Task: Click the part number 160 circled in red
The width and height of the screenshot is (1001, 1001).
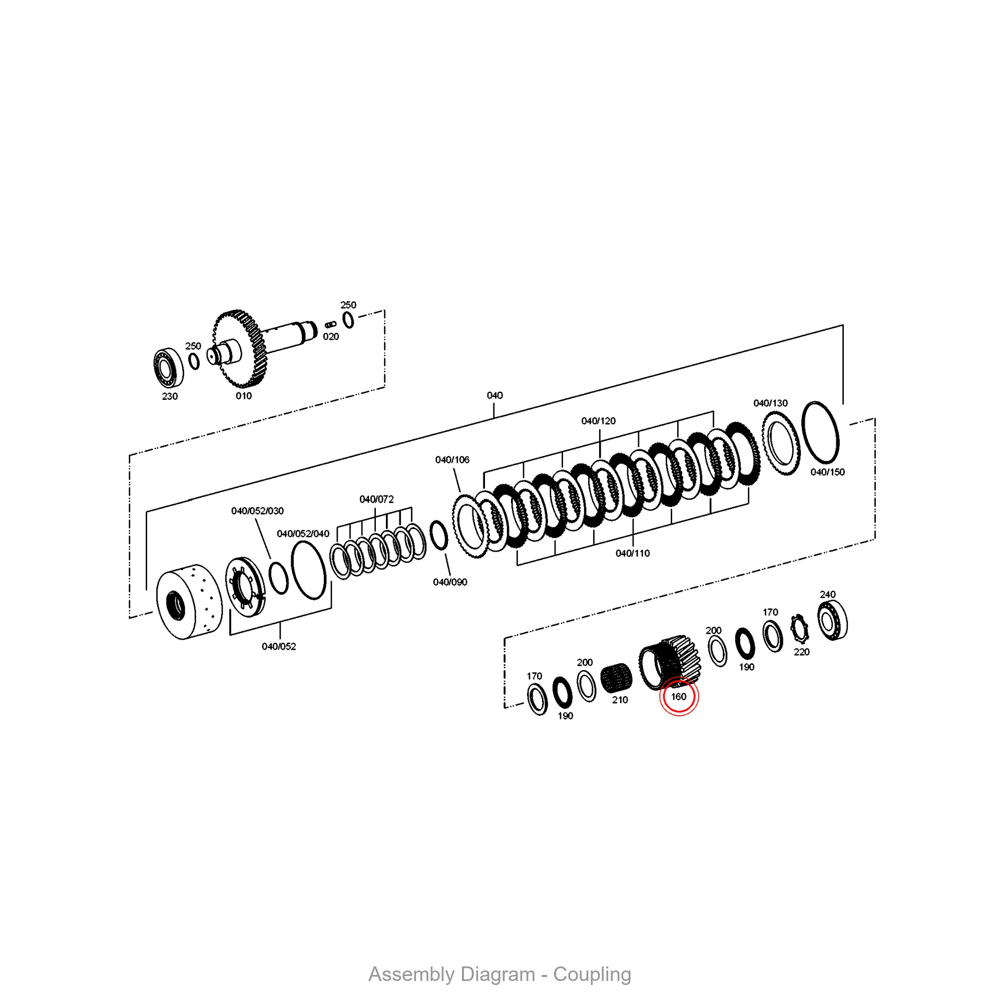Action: click(679, 697)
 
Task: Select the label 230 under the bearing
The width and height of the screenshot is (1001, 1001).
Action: click(170, 396)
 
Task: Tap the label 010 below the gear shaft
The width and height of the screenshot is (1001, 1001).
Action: click(244, 396)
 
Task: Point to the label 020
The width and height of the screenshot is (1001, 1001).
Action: click(331, 337)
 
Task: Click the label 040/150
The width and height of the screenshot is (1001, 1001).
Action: click(827, 472)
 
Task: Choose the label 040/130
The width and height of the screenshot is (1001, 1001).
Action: click(770, 403)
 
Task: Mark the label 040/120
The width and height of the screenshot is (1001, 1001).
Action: click(599, 421)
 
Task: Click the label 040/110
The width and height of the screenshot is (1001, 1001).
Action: click(633, 554)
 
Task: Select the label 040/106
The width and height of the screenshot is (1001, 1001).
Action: click(452, 459)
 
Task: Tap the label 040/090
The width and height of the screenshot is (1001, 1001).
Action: click(450, 582)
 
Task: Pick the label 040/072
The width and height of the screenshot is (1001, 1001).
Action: click(377, 499)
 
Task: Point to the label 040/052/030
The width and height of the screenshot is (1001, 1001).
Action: click(257, 511)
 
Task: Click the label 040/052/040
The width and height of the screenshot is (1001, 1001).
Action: click(303, 534)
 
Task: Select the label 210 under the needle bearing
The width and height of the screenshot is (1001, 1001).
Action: click(620, 700)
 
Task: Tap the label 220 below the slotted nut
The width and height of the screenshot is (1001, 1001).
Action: click(801, 652)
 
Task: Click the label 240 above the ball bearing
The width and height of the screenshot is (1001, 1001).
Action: click(827, 594)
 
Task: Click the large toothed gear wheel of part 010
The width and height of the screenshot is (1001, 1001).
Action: click(239, 349)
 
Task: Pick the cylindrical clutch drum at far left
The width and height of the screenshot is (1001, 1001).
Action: click(189, 602)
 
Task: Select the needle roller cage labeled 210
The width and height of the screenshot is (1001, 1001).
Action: click(617, 678)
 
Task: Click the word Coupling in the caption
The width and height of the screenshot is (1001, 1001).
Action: click(592, 974)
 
